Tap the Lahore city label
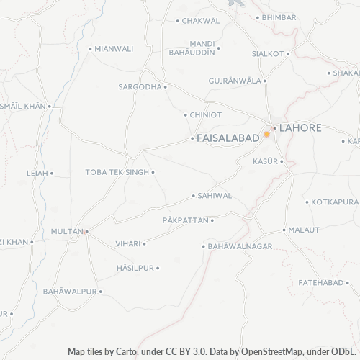(x=300, y=127)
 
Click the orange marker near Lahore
(x=267, y=134)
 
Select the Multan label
(x=68, y=231)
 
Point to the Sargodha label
(x=140, y=86)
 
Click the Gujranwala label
(x=235, y=81)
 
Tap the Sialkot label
(x=268, y=53)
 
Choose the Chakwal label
(x=201, y=21)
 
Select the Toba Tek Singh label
(x=117, y=172)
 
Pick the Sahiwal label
(x=215, y=195)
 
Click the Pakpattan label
(x=185, y=220)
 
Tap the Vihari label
(x=128, y=244)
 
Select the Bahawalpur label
(x=69, y=292)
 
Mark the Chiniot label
(x=206, y=114)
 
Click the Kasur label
(x=265, y=161)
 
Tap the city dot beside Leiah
(x=52, y=173)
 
